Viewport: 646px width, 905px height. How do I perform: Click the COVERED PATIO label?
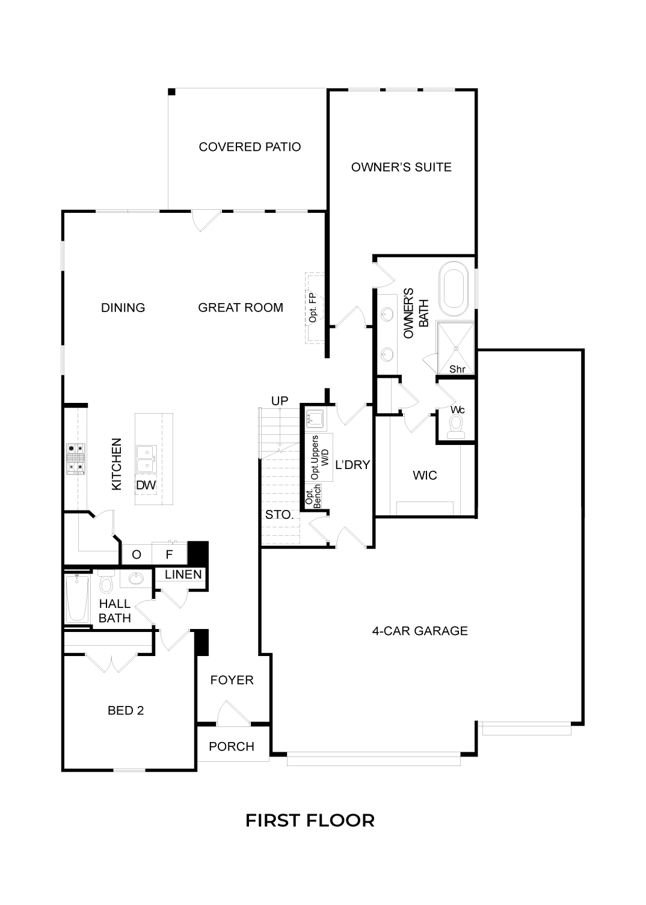pyautogui.click(x=250, y=147)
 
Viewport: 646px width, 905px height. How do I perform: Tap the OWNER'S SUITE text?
pyautogui.click(x=401, y=167)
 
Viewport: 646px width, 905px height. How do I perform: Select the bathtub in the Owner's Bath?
pyautogui.click(x=456, y=289)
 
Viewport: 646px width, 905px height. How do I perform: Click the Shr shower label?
pyautogui.click(x=457, y=369)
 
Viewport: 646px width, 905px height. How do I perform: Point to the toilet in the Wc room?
pyautogui.click(x=456, y=427)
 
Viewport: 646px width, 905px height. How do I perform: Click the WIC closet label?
pyautogui.click(x=425, y=475)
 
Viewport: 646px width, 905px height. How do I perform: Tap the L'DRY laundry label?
pyautogui.click(x=352, y=465)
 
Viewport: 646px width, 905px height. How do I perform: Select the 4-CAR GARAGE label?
pyautogui.click(x=420, y=631)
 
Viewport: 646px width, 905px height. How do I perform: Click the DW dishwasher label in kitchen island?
pyautogui.click(x=146, y=485)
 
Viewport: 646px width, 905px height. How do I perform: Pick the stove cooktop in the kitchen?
pyautogui.click(x=76, y=459)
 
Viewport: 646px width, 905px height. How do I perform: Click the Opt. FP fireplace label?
pyautogui.click(x=313, y=308)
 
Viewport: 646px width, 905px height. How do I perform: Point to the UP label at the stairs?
pyautogui.click(x=280, y=400)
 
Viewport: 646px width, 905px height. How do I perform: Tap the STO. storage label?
pyautogui.click(x=279, y=515)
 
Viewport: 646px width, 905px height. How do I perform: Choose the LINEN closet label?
pyautogui.click(x=183, y=574)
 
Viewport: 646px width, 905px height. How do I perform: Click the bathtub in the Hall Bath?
pyautogui.click(x=77, y=599)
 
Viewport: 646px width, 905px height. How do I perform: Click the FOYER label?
pyautogui.click(x=232, y=680)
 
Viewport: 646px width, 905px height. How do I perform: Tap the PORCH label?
pyautogui.click(x=232, y=746)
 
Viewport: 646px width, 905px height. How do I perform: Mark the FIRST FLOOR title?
pyautogui.click(x=310, y=821)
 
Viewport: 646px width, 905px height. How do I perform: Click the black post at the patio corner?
pyautogui.click(x=171, y=92)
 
